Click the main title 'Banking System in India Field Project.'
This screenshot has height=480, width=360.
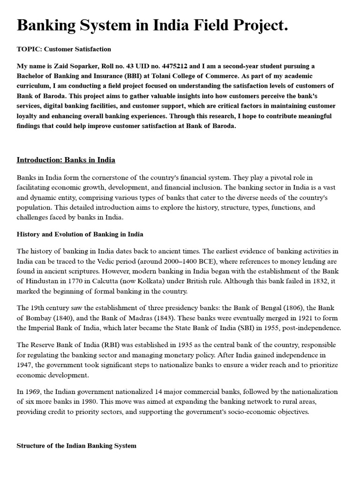point(152,25)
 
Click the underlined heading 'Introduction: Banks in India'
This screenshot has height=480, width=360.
point(66,160)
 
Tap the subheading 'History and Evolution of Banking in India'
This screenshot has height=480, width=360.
point(80,234)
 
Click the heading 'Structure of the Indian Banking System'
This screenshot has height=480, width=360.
point(76,445)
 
